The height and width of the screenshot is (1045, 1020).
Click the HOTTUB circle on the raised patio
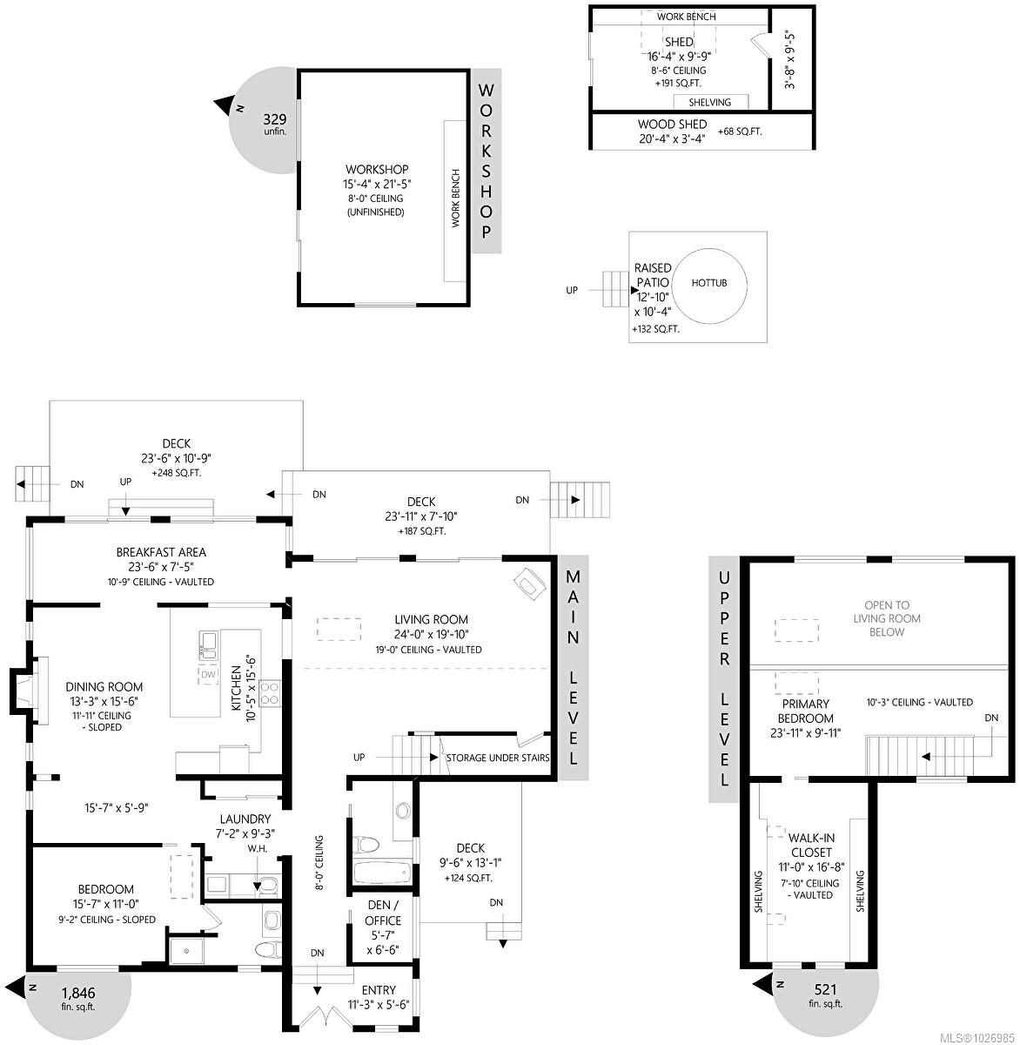coord(709,283)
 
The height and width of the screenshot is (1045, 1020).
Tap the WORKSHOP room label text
coord(377,170)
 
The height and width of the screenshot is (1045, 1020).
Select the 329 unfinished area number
coord(275,119)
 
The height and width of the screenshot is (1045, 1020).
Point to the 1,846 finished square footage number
coord(78,993)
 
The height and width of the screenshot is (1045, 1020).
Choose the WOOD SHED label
coord(672,125)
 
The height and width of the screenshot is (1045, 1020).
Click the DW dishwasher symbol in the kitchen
coord(208,675)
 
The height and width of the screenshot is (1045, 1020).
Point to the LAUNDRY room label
coord(245,819)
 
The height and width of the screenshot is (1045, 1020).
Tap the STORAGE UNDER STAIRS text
coord(497,758)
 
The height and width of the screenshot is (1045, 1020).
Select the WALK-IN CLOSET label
coord(811,846)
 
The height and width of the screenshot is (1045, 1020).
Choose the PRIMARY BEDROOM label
coord(807,711)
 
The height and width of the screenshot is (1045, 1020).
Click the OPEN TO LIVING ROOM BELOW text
coord(886,618)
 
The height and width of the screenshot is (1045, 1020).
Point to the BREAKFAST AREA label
coord(161,552)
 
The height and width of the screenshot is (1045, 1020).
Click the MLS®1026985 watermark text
coord(979,1035)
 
